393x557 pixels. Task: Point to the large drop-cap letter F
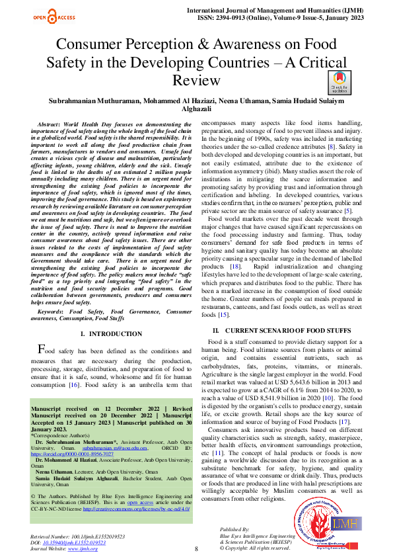(42, 349)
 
